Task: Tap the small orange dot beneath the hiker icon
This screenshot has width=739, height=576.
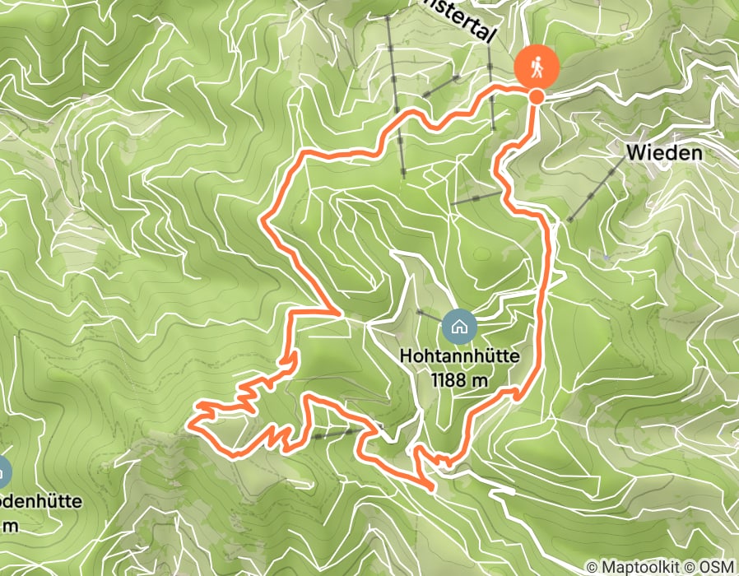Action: pyautogui.click(x=537, y=97)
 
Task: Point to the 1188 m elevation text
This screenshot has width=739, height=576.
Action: pyautogui.click(x=459, y=380)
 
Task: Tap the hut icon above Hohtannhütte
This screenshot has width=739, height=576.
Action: pyautogui.click(x=459, y=327)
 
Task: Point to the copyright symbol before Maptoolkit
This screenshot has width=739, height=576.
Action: pyautogui.click(x=593, y=567)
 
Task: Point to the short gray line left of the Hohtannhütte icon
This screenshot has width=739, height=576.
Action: pyautogui.click(x=429, y=315)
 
